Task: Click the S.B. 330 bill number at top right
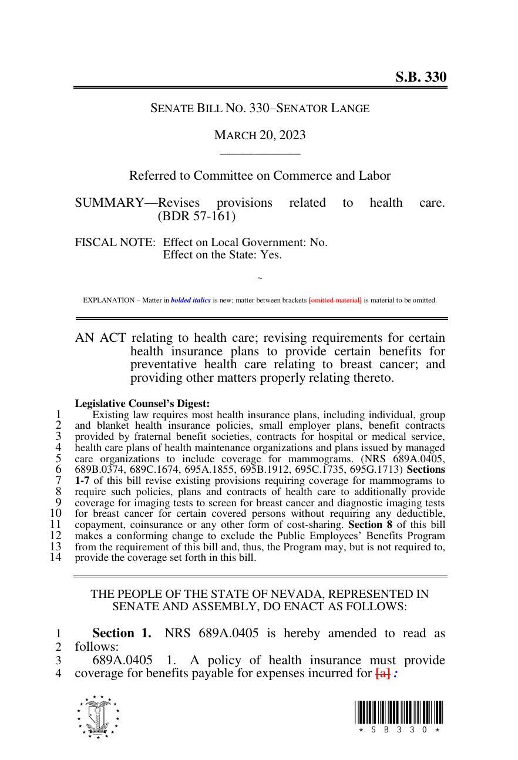420,77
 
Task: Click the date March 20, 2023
260,135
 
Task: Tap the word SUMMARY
109,203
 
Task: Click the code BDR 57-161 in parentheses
197,216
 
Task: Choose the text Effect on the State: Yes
222,255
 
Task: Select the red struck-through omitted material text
335,300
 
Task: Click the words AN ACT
100,338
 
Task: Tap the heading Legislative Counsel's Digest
142,403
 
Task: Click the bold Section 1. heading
122,633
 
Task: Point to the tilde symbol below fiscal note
260,278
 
